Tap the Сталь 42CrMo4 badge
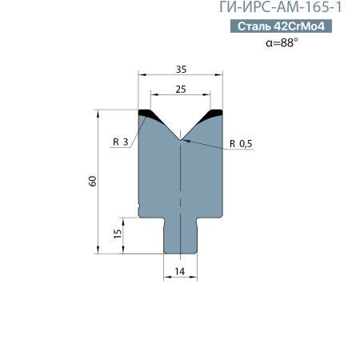(x=284, y=27)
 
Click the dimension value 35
(x=181, y=69)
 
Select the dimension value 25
(x=181, y=90)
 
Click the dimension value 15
(x=118, y=234)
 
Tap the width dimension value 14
(x=180, y=272)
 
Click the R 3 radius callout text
(x=121, y=142)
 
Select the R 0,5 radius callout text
(x=241, y=143)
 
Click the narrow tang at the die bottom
(x=181, y=236)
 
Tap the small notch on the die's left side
(x=140, y=211)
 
